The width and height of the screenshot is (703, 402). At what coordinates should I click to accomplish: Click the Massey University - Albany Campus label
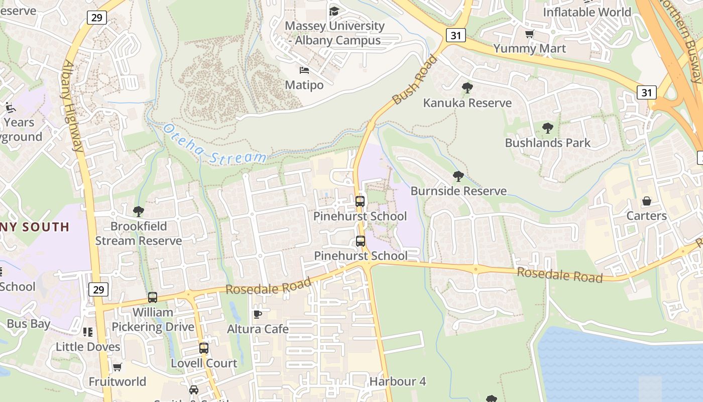click(x=334, y=33)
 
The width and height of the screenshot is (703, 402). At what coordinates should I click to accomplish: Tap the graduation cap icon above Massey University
click(x=334, y=11)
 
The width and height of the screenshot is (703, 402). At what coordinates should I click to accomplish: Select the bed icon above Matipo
click(x=304, y=70)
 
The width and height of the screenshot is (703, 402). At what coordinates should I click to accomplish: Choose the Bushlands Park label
click(x=548, y=143)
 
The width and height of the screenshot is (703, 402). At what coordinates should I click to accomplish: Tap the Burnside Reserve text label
click(x=458, y=191)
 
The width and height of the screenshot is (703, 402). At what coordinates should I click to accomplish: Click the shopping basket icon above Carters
click(x=647, y=202)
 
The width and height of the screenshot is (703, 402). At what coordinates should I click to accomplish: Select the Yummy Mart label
click(x=529, y=49)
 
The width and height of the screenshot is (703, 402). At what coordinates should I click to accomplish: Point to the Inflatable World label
click(x=587, y=12)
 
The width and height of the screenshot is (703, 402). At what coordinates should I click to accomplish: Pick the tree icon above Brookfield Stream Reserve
click(x=139, y=212)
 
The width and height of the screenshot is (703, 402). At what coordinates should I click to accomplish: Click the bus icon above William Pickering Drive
click(x=153, y=297)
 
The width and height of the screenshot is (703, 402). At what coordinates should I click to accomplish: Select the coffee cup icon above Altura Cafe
click(x=258, y=315)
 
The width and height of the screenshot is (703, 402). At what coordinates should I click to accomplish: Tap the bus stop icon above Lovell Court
click(x=203, y=348)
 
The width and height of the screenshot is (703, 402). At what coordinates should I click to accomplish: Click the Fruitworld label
click(x=118, y=381)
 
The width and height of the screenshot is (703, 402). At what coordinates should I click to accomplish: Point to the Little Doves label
click(x=88, y=347)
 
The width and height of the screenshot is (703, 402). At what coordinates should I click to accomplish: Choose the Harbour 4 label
click(x=398, y=381)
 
